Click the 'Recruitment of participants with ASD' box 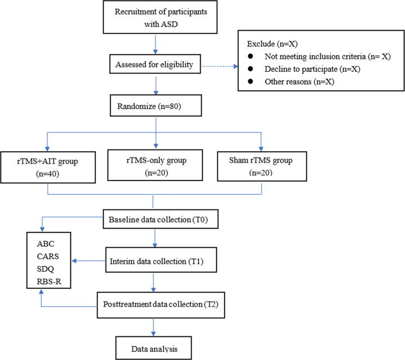160,17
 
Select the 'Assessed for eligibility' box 155,64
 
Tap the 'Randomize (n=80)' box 156,106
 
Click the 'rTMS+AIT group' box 48,167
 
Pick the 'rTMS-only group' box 155,165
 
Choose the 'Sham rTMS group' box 262,166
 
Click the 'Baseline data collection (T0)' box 160,219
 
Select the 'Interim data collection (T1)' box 161,260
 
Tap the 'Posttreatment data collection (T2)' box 161,305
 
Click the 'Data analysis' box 153,348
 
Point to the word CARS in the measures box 48,256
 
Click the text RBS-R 49,282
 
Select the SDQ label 46,269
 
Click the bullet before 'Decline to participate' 250,69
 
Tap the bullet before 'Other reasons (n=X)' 250,81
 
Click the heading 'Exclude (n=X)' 272,43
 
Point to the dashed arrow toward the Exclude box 219,67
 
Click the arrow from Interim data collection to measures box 89,261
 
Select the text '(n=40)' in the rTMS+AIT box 47,174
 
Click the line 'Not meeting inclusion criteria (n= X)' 328,56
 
